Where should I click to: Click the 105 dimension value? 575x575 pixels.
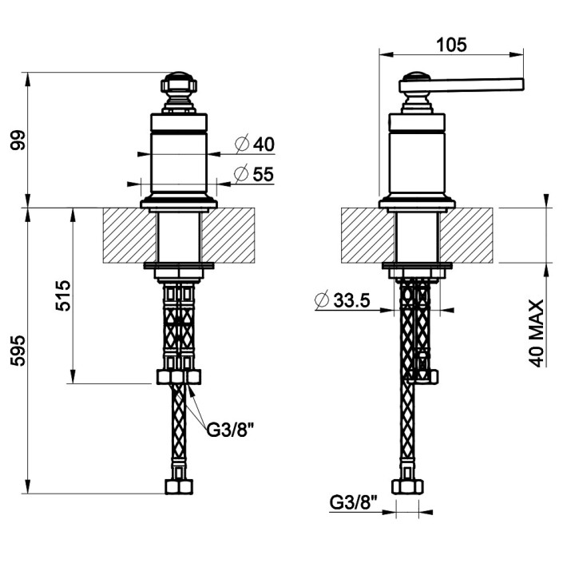point(451,45)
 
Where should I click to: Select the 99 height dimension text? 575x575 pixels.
point(18,140)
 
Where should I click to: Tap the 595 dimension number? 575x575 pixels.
point(18,351)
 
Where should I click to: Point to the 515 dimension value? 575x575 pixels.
point(63,295)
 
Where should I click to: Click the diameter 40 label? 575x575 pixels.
point(255,144)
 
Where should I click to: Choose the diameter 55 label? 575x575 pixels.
point(254,174)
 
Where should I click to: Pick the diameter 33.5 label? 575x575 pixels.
point(343,300)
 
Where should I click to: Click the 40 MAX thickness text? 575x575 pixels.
point(536,333)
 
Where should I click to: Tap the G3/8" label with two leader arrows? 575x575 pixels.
point(230,430)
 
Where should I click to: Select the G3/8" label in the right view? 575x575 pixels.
point(353,502)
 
